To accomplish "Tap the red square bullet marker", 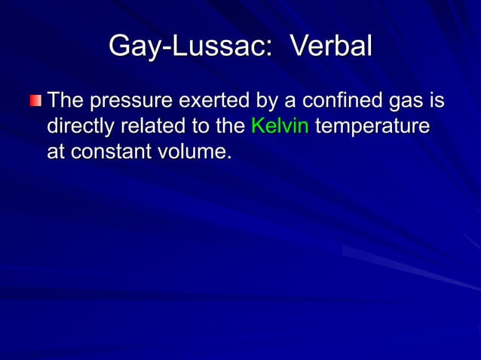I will tap(36, 101).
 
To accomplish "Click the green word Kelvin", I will tap(279, 125).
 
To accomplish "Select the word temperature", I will tap(372, 127).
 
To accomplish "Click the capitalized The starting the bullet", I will tap(66, 101).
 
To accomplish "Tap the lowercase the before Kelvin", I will tap(229, 125).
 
